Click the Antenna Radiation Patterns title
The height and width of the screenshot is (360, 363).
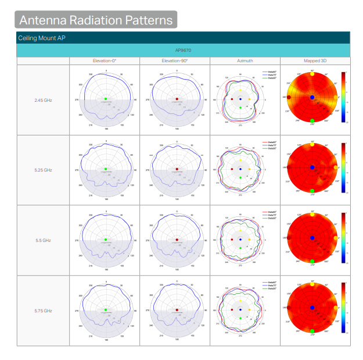tap(96, 20)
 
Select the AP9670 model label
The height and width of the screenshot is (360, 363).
tap(183, 50)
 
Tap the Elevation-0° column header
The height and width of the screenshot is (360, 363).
tap(105, 60)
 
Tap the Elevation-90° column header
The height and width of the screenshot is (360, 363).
tap(175, 60)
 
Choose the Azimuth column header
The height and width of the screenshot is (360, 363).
tap(245, 60)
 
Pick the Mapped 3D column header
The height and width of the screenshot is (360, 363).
tap(315, 60)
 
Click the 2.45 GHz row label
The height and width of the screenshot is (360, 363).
tap(44, 100)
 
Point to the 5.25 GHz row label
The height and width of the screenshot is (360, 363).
tap(44, 170)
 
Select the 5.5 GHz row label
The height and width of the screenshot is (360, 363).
tap(44, 240)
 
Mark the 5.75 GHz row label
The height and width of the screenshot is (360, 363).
tap(44, 311)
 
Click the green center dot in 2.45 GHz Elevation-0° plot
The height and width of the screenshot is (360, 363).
tap(106, 99)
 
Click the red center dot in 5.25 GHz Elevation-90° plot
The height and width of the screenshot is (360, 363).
tap(177, 169)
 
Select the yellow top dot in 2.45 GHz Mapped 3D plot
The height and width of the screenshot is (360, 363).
tap(312, 74)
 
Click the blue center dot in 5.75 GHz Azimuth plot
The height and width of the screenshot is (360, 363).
tap(240, 309)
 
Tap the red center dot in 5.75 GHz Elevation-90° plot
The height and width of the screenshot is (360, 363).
tap(177, 310)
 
